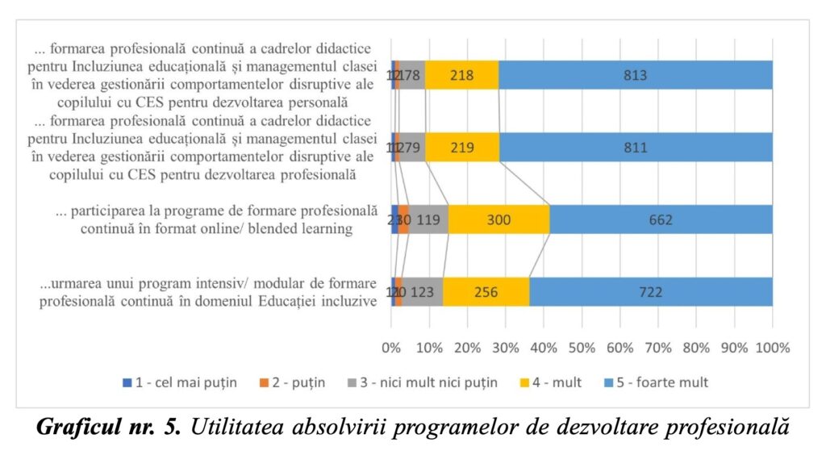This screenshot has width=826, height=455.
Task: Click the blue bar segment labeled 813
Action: pyautogui.click(x=636, y=75)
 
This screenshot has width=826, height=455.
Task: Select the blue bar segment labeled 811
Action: pyautogui.click(x=636, y=148)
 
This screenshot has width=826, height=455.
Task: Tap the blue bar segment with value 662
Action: pyautogui.click(x=661, y=219)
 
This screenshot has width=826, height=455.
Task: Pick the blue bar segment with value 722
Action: pyautogui.click(x=650, y=291)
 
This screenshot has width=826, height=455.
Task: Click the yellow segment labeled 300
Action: pyautogui.click(x=499, y=219)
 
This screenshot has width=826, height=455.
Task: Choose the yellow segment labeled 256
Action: pyautogui.click(x=486, y=291)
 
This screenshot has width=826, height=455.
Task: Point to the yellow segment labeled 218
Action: pyautogui.click(x=461, y=75)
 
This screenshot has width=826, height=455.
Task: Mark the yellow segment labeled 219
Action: pyautogui.click(x=462, y=148)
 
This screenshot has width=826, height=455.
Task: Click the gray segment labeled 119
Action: pyautogui.click(x=428, y=219)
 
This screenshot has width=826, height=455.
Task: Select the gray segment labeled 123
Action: pyautogui.click(x=423, y=291)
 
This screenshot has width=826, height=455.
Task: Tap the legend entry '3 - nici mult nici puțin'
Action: pyautogui.click(x=432, y=382)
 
